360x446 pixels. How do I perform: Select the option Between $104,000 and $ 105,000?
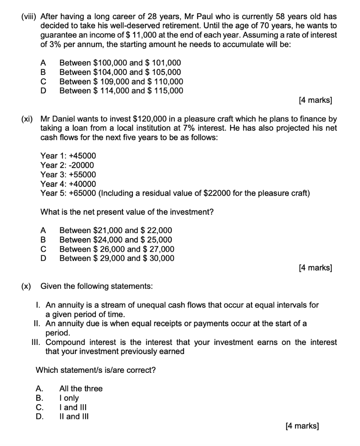tap(120, 72)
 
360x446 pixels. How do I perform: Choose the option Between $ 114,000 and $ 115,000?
tap(121, 91)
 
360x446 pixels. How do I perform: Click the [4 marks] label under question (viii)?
tap(316, 101)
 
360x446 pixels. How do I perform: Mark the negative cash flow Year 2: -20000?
tap(67, 165)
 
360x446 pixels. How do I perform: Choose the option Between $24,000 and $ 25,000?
tap(115, 240)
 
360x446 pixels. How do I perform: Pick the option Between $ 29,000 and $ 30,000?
tap(117, 258)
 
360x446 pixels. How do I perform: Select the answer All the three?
tap(81, 389)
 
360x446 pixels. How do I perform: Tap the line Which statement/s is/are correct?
tap(95, 370)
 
